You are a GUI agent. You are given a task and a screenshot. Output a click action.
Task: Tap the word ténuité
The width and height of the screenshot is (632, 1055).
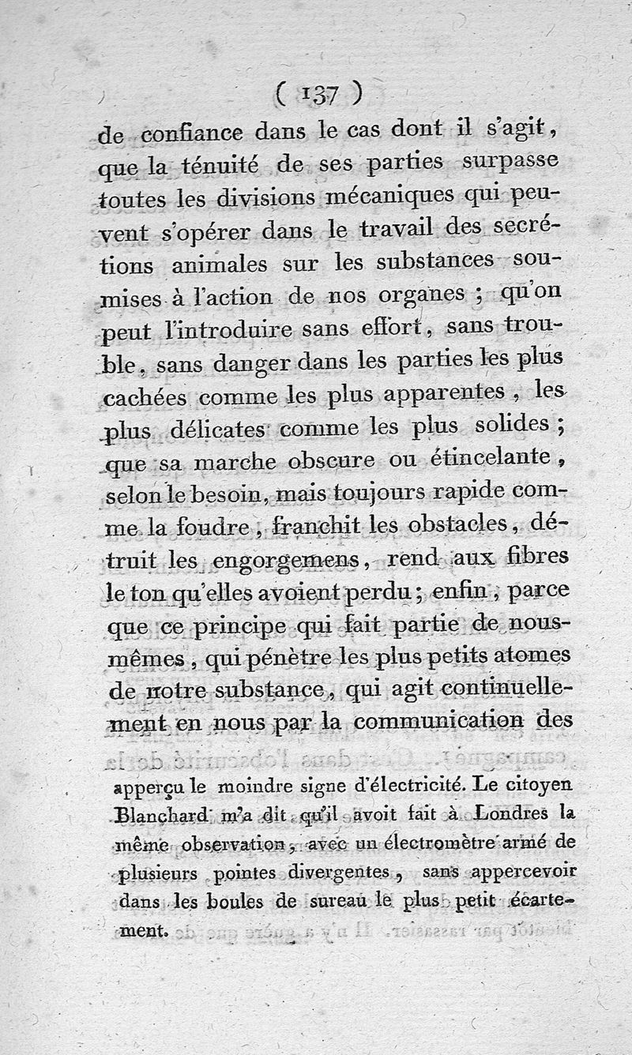point(223,165)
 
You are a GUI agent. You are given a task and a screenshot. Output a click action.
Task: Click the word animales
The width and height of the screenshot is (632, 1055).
point(209,263)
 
